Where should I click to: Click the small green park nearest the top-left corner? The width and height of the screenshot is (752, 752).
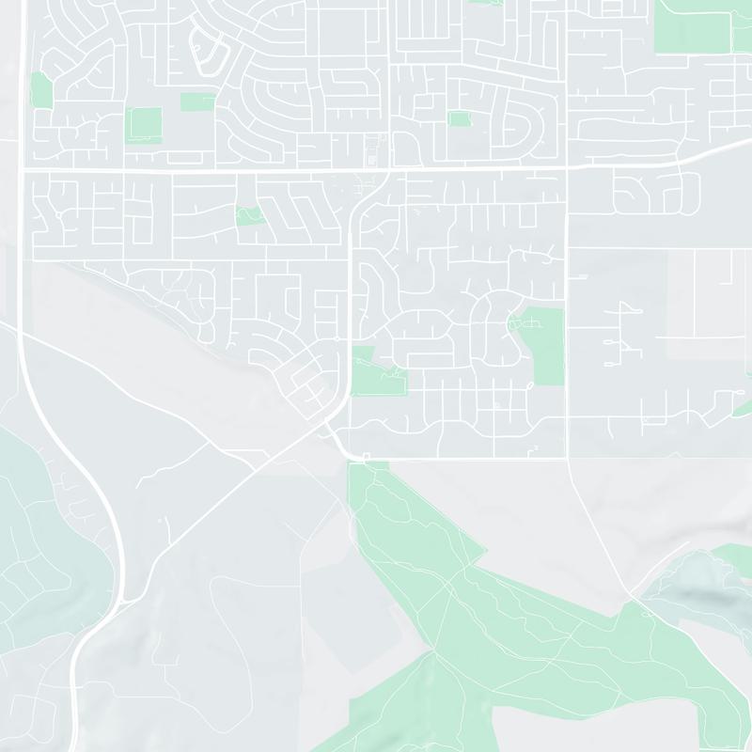point(40,89)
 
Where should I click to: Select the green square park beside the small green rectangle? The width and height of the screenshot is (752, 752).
point(145,123)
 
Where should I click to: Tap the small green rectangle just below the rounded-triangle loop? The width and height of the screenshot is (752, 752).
point(197,101)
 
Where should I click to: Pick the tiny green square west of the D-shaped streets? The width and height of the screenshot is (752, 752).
point(459,119)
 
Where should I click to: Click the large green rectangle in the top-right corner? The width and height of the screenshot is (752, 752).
point(692,26)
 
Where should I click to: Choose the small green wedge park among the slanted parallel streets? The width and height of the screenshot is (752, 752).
point(249,215)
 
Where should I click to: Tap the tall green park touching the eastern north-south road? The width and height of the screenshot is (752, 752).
point(543,343)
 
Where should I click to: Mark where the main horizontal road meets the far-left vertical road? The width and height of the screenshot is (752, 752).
point(22,170)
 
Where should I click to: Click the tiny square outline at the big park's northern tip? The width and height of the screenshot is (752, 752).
point(367,458)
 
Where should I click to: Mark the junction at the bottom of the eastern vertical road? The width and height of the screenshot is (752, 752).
point(567,459)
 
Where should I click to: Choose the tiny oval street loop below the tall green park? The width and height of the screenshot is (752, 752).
point(531,385)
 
